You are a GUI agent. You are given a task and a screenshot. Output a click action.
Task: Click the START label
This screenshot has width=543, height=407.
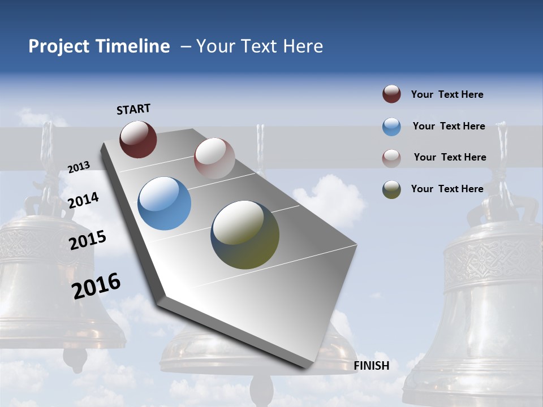(133, 109)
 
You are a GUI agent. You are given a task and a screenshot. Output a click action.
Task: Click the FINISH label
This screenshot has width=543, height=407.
(372, 366)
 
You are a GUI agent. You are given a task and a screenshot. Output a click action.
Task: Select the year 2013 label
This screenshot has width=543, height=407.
(79, 167)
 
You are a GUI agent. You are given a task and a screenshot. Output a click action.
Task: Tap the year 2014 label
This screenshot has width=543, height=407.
(83, 201)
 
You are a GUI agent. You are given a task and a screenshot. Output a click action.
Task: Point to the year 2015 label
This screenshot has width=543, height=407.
(87, 240)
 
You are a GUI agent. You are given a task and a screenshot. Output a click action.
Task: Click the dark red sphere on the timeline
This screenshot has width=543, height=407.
(138, 139)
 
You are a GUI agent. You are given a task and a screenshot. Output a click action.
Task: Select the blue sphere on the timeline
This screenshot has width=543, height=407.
(164, 203)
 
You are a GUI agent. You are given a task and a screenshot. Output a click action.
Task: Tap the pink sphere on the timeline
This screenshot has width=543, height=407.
(214, 158)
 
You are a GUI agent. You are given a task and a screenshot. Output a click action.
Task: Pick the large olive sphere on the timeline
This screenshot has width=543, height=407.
(245, 235)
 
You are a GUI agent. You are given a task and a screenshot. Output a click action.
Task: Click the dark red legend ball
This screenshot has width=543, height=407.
(391, 94)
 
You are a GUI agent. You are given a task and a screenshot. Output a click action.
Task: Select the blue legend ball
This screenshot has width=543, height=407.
(391, 127)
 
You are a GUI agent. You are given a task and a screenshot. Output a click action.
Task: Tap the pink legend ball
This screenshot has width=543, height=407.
(391, 158)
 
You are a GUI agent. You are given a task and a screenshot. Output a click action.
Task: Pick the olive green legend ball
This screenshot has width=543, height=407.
(391, 189)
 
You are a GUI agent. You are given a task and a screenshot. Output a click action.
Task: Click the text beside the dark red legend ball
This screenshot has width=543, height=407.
(447, 94)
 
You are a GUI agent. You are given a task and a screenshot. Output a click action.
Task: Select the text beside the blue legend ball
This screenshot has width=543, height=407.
(449, 126)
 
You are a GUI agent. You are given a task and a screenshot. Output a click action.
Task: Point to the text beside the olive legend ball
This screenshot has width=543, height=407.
(447, 189)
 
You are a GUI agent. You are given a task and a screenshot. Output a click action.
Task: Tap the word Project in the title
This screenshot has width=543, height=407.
(59, 46)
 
